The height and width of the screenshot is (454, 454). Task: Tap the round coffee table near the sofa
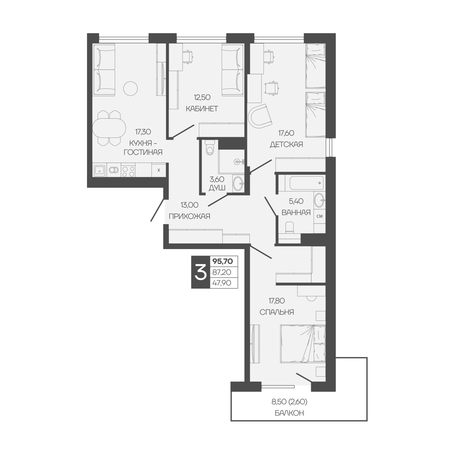tap(130, 88)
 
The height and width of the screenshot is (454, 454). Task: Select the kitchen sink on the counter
tap(100, 170)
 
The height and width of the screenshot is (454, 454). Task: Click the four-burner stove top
tap(128, 170)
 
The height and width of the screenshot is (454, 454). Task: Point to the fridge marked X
tap(159, 170)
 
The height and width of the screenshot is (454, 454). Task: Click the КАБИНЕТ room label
tap(202, 109)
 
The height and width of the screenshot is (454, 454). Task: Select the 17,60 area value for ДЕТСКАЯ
tap(286, 133)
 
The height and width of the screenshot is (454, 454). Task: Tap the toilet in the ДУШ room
tap(209, 147)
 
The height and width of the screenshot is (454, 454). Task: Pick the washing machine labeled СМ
tap(319, 216)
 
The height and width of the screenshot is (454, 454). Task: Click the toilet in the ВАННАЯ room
tap(289, 228)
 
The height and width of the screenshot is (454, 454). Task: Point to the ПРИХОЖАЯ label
tap(190, 216)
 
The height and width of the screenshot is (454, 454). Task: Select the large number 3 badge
tap(201, 272)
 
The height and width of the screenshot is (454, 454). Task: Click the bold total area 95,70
tap(223, 261)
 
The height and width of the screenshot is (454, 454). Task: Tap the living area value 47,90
tap(222, 283)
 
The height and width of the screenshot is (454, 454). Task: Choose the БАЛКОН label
tap(289, 419)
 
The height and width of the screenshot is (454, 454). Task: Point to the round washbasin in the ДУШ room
tap(238, 184)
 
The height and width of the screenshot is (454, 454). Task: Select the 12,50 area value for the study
tap(202, 97)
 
